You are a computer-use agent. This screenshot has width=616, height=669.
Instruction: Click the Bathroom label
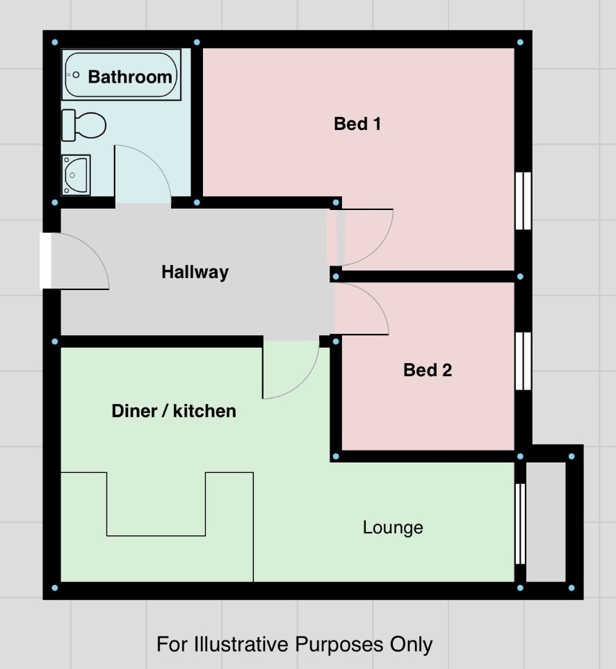130,76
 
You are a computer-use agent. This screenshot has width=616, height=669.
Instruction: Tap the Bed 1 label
357,124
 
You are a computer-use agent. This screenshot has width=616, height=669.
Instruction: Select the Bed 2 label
428,370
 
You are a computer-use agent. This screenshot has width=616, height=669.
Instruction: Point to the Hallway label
195,272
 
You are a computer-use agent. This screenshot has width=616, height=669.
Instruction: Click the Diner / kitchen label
174,411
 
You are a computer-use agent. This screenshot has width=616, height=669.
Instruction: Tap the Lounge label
393,528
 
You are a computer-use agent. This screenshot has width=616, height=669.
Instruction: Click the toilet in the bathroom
83,125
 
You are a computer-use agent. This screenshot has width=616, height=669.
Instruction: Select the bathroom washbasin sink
76,175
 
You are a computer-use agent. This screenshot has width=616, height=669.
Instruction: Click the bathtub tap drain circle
76,75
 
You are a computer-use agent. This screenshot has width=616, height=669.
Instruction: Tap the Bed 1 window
523,201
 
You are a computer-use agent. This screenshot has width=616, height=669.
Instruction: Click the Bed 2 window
523,361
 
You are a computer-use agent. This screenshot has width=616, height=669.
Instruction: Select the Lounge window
520,524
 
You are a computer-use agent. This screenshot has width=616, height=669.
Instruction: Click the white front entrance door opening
45,261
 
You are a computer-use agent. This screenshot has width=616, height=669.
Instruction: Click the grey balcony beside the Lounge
546,522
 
